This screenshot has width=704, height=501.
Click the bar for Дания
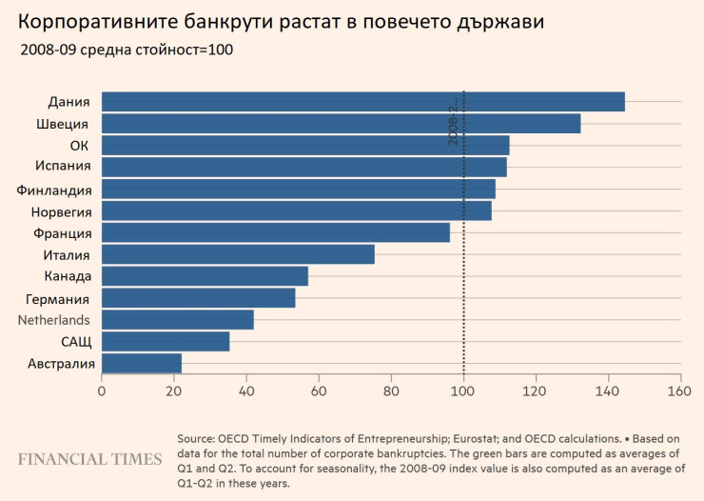(362, 102)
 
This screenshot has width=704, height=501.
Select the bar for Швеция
(341, 124)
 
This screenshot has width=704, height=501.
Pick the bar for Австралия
(142, 363)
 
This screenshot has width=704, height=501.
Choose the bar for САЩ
(166, 341)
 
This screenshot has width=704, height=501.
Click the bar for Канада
(205, 276)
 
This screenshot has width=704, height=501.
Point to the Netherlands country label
(54, 320)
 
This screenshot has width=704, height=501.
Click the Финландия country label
(54, 190)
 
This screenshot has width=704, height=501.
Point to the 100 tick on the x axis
(463, 391)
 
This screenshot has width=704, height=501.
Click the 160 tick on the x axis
(680, 391)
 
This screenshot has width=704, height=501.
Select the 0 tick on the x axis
(102, 391)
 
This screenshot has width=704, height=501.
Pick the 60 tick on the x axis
(319, 391)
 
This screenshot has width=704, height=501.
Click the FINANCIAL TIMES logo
(90, 459)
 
